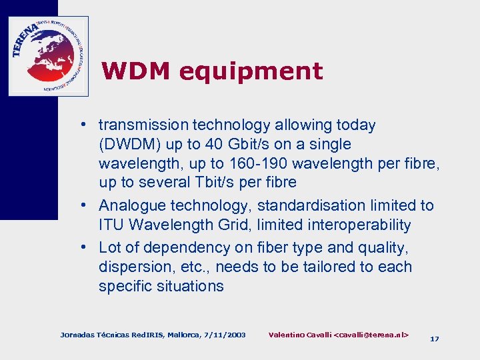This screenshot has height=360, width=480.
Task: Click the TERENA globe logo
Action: [x=48, y=56]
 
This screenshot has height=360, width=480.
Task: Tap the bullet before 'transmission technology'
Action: [x=87, y=125]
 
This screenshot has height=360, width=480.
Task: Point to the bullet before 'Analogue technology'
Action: [x=87, y=206]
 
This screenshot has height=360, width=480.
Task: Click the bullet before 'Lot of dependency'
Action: [x=87, y=247]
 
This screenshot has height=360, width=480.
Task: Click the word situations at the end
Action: [x=191, y=287]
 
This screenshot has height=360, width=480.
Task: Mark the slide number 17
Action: [x=435, y=339]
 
